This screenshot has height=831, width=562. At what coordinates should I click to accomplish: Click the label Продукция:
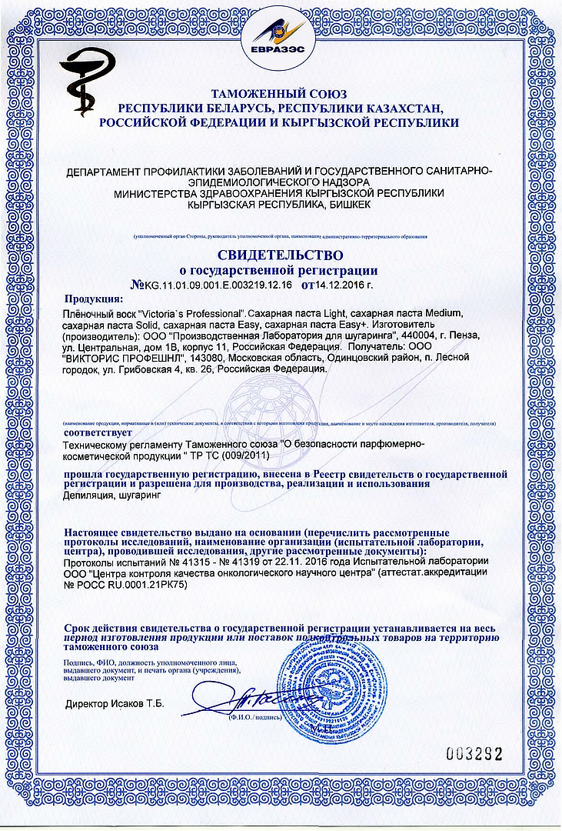[x=93, y=299]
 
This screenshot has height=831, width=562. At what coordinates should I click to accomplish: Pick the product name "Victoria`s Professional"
[x=192, y=314]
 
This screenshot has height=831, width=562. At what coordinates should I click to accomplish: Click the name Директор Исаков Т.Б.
[x=115, y=703]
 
